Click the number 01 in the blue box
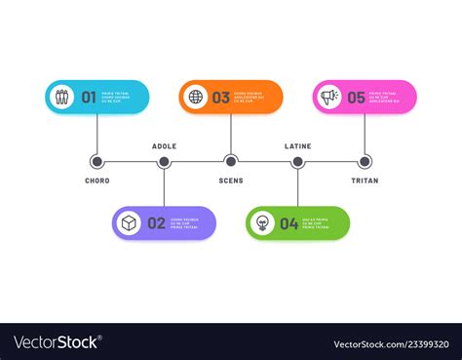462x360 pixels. (x=89, y=97)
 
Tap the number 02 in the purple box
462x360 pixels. (x=156, y=223)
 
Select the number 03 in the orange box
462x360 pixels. (x=221, y=97)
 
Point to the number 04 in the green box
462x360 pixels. (x=289, y=223)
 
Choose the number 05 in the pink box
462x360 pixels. (x=356, y=97)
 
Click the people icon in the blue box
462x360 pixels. (x=62, y=97)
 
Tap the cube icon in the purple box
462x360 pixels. (x=129, y=223)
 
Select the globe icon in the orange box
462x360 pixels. (x=196, y=97)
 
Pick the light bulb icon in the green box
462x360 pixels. (x=262, y=223)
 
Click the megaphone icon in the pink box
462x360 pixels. (x=329, y=97)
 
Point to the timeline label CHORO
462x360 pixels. (x=96, y=180)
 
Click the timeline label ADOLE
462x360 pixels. (x=164, y=146)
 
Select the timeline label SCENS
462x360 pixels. (x=231, y=180)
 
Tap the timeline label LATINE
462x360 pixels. (x=297, y=146)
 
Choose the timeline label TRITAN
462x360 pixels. (x=365, y=180)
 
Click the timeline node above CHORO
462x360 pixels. (x=96, y=162)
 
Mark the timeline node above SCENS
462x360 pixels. (x=231, y=162)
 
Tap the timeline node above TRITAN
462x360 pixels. (x=365, y=162)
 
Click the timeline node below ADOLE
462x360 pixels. (x=164, y=162)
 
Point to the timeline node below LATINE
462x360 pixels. (x=297, y=162)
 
